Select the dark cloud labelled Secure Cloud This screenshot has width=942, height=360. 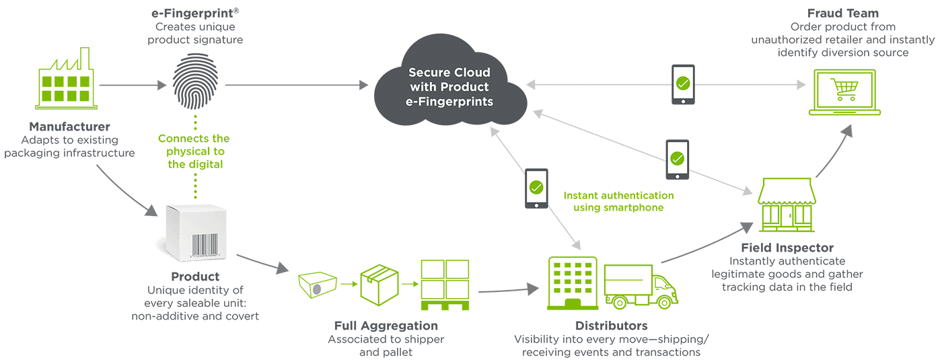click(449, 87)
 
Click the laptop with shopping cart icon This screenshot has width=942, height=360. click(844, 92)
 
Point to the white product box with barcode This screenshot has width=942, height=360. click(194, 232)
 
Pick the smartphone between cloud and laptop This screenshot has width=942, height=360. click(683, 85)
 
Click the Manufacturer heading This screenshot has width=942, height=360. click(70, 127)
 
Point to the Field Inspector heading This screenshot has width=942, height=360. click(787, 248)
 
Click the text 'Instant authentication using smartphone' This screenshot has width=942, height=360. click(618, 201)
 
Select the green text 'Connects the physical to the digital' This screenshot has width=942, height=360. click(194, 151)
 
